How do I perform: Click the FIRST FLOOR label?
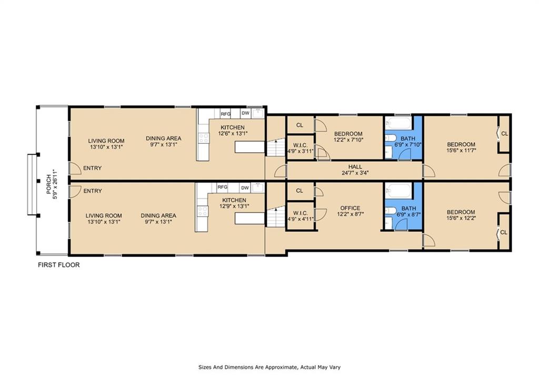(x=58, y=265)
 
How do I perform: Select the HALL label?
(x=355, y=167)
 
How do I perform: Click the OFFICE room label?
(x=350, y=208)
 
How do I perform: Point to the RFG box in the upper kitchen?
(x=225, y=114)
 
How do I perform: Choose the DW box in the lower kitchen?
(x=245, y=188)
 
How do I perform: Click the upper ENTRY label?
(x=93, y=168)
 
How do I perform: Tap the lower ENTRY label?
(x=93, y=191)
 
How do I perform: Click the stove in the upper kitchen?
(x=204, y=139)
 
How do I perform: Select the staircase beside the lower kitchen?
(x=276, y=218)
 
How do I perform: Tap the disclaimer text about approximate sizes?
(x=269, y=367)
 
